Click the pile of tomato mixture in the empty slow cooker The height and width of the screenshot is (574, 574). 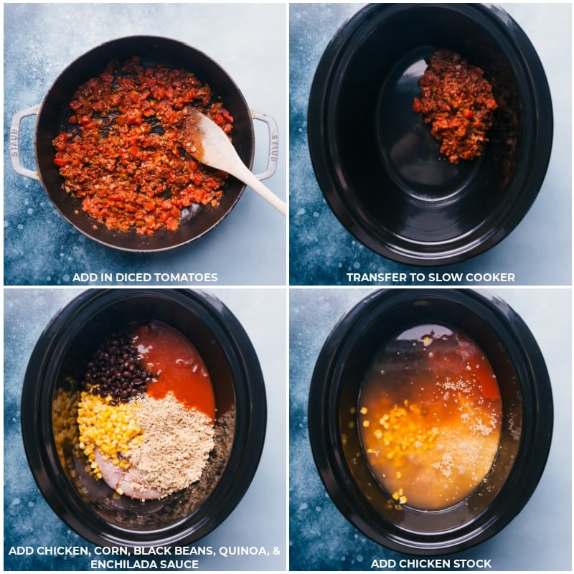456,106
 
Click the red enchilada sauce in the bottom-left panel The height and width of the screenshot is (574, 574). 176,370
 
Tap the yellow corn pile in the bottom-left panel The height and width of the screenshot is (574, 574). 106,425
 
